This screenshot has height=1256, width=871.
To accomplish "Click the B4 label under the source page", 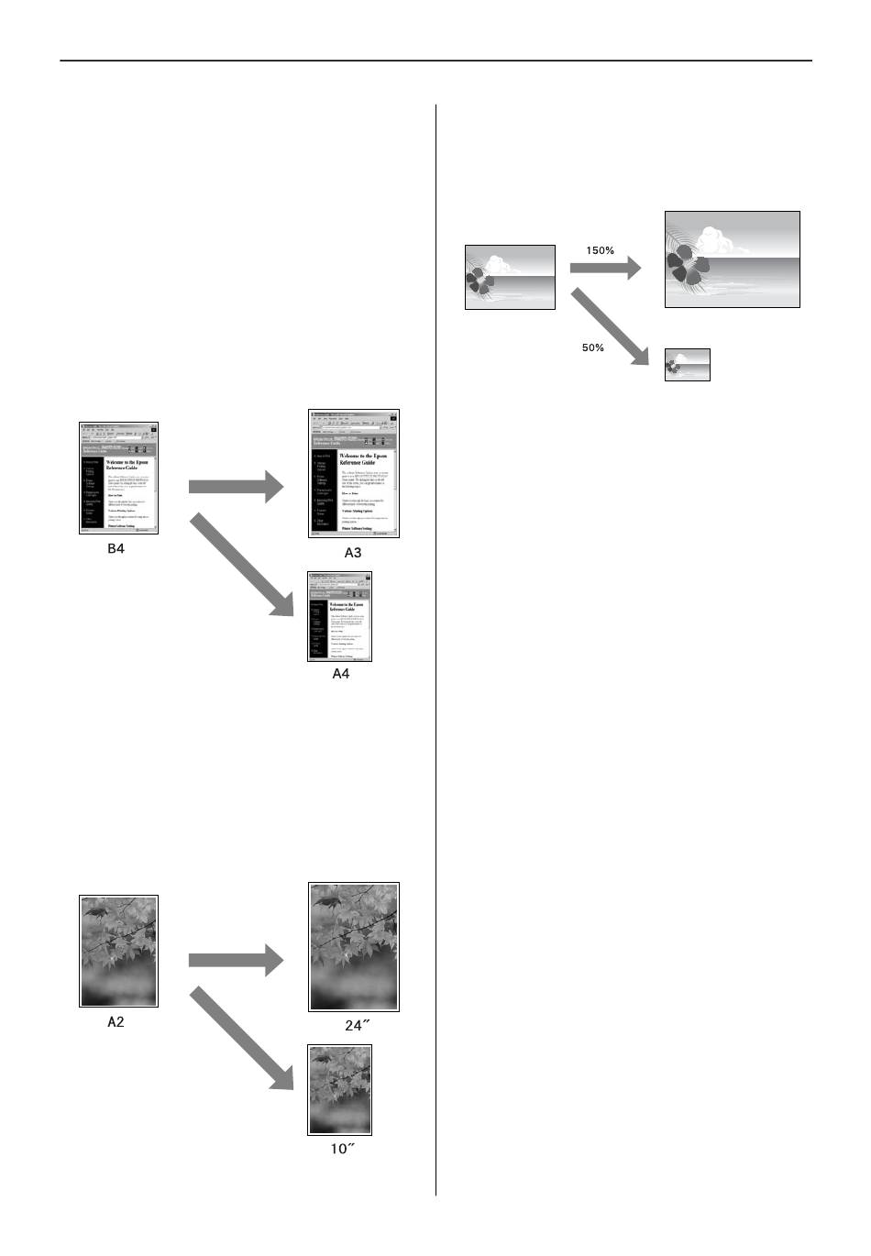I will tap(116, 551).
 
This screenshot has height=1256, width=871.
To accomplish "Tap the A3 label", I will tap(353, 552).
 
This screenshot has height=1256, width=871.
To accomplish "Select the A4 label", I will tap(340, 674).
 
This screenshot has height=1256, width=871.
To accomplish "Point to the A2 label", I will tap(116, 1021).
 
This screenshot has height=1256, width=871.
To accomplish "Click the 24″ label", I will tap(357, 1026).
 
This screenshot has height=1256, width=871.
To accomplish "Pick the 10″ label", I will tap(342, 1149).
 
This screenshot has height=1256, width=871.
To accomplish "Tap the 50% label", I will tap(593, 347).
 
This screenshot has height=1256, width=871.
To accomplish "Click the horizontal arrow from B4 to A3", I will tap(237, 486).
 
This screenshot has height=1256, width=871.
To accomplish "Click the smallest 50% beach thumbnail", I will tap(688, 364).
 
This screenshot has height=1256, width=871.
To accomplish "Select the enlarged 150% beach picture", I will tap(732, 259).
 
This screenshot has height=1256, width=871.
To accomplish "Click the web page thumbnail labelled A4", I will tap(340, 616).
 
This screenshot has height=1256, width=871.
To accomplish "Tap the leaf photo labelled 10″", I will tap(340, 1090).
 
